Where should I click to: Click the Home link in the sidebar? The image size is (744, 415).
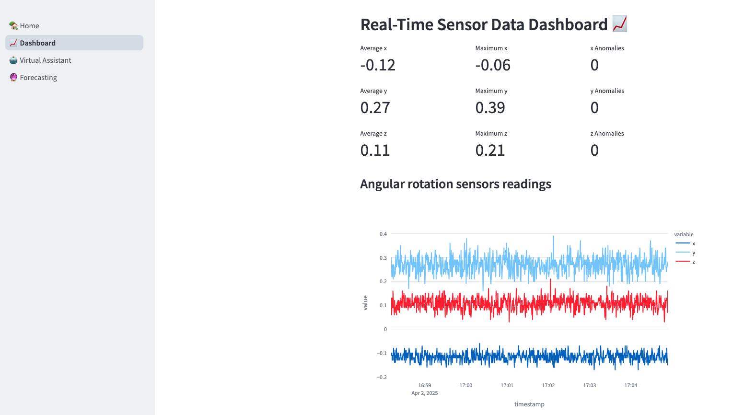[x=29, y=26]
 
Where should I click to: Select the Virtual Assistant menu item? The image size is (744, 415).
[x=45, y=60]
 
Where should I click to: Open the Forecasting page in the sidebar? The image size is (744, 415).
[x=38, y=78]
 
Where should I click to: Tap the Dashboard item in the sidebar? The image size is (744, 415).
[x=37, y=43]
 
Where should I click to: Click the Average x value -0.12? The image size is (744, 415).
[x=378, y=65]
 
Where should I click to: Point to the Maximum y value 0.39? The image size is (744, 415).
[x=490, y=108]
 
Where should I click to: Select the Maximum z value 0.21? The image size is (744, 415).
[x=490, y=150]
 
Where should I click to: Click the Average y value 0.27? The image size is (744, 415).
[x=375, y=108]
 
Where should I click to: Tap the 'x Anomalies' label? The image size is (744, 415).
[x=607, y=48]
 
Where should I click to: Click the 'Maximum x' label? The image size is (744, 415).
[x=491, y=48]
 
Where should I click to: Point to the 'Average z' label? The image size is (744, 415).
[x=373, y=134]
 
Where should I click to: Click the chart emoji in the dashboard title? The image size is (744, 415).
[x=619, y=24]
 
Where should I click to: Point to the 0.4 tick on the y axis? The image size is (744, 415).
[x=383, y=234]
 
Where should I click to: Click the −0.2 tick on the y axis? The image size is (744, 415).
[x=382, y=377]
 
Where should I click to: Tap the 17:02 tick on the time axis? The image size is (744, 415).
[x=548, y=385]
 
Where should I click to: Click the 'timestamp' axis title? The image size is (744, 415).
[x=529, y=404]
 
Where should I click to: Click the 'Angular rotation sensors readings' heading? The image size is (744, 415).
[x=455, y=184]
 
